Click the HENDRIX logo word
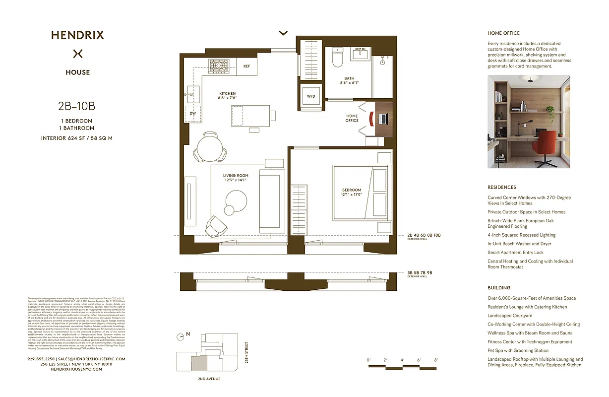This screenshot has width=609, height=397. point(77,35)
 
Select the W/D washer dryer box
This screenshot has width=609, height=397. point(311,96)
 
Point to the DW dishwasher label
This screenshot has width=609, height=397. point(192,113)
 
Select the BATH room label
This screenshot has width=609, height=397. point(349,78)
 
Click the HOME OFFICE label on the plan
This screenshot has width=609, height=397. point(352,118)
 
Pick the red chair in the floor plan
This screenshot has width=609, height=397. point(370,119)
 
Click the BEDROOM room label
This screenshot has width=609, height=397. point(351,190)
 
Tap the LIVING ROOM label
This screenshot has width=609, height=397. point(236,176)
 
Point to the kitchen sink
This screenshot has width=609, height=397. point(193,92)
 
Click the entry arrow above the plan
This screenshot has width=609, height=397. point(283,33)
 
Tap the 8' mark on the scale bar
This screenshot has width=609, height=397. point(436,360)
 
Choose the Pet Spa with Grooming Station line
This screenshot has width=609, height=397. point(518,350)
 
